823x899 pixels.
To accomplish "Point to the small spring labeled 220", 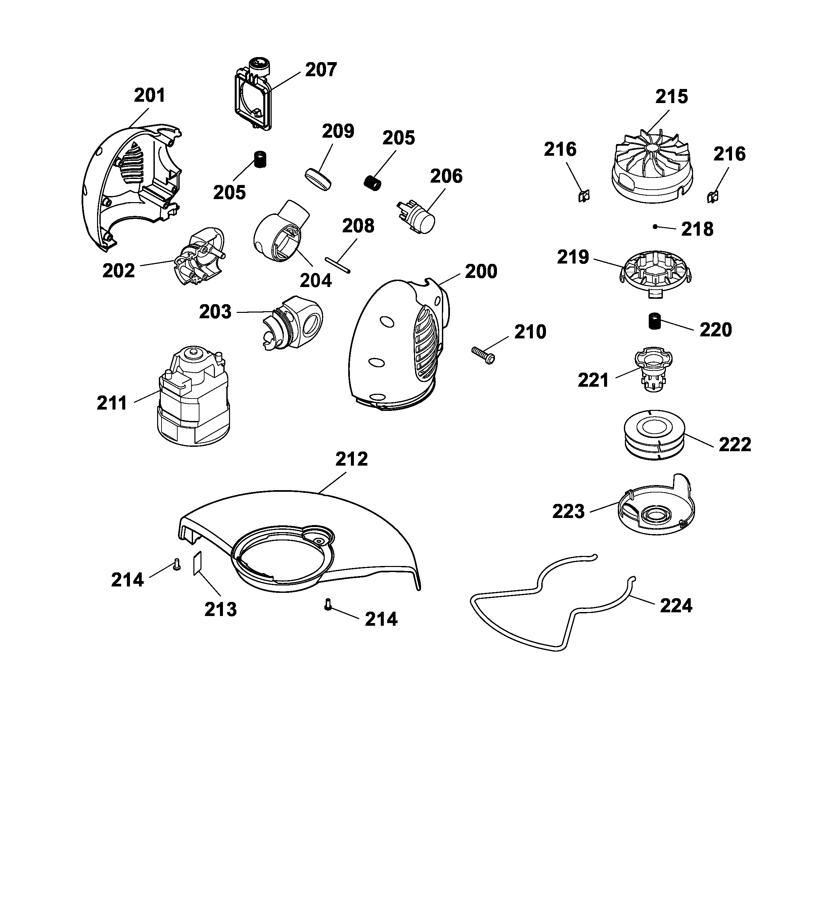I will pos(654,322).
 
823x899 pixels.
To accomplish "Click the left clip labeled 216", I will pos(584,196).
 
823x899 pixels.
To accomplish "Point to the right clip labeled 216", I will pos(713,196).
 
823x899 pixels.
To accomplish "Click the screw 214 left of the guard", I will pos(177,565).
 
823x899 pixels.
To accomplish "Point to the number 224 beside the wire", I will pos(676,606).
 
